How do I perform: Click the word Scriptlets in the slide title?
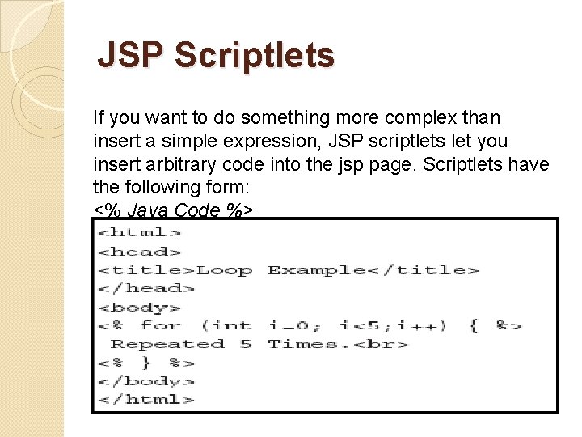click(254, 56)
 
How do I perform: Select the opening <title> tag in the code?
click(146, 270)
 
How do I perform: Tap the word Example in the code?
click(316, 270)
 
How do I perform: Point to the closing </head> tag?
click(146, 289)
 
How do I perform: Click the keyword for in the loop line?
click(160, 326)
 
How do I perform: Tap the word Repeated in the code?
click(167, 345)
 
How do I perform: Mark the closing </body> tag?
click(146, 381)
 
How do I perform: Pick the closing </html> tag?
click(146, 400)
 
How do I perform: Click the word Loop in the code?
click(224, 270)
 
